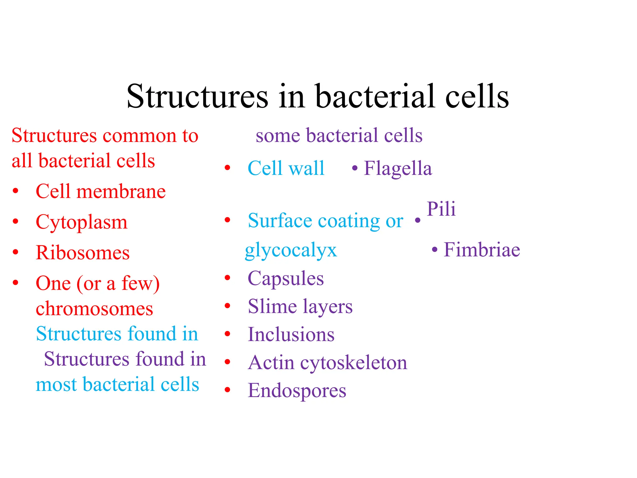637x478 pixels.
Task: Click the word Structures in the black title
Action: coord(197,96)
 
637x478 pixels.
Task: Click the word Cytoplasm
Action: coord(81,223)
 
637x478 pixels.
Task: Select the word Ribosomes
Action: coord(82,253)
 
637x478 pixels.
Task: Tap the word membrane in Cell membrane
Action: coord(121,191)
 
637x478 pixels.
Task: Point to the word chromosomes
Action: coord(94,309)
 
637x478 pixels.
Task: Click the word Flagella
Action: coord(398,169)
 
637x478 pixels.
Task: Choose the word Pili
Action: coord(441,209)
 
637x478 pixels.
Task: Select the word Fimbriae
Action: coord(481,250)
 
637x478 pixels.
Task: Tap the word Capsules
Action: coord(286,279)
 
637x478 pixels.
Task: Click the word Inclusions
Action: coord(291,335)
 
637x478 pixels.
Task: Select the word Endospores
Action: coord(297,391)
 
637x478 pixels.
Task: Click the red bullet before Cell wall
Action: coord(227,168)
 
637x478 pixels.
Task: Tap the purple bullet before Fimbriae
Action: coord(435,250)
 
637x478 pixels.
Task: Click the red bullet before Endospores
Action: coord(227,390)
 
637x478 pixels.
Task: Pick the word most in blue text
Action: coord(56,385)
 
